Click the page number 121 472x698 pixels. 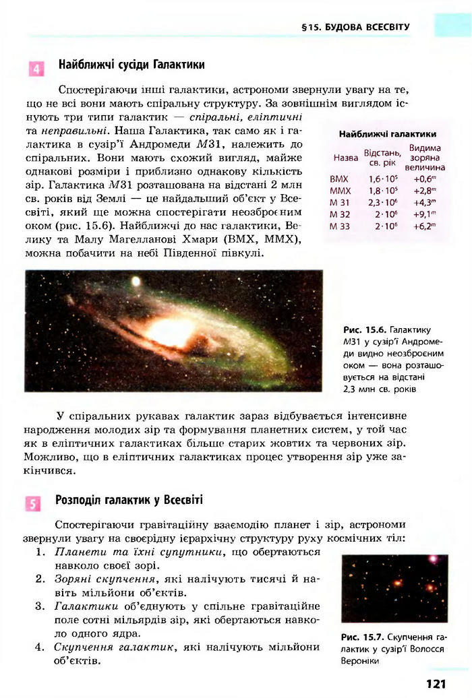click(436, 683)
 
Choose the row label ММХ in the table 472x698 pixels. click(341, 191)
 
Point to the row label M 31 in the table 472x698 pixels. click(341, 202)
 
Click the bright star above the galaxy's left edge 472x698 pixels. click(136, 280)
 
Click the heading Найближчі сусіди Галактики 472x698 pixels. click(131, 65)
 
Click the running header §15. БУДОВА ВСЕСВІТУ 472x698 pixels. click(355, 28)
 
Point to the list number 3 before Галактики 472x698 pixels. click(39, 606)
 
